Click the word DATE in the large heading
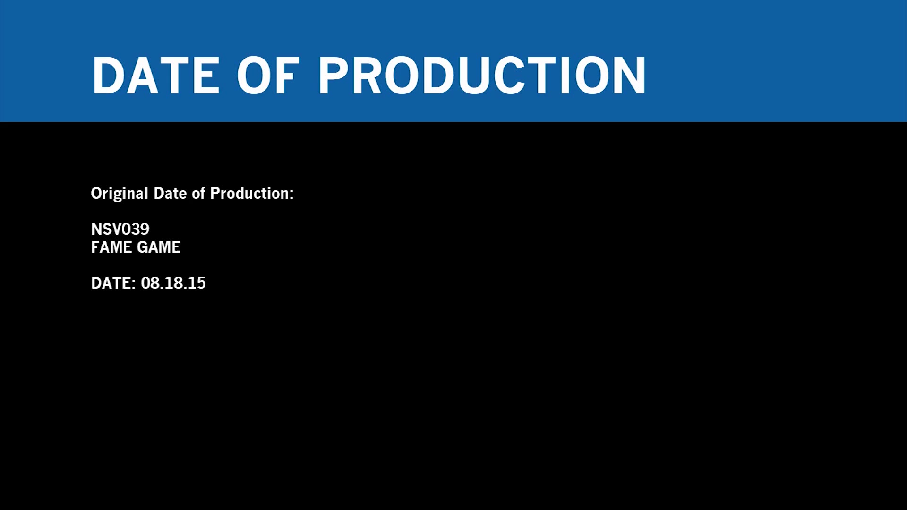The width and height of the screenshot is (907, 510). coord(156,76)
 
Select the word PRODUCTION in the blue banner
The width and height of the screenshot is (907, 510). coord(482,76)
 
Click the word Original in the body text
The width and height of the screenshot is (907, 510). coord(120,194)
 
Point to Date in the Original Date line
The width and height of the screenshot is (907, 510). coord(170,193)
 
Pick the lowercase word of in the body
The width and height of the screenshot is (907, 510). coord(198,193)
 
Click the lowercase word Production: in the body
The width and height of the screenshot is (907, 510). coord(252,193)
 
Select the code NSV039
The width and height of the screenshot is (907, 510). coord(120,229)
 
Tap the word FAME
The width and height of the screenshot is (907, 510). coord(111,247)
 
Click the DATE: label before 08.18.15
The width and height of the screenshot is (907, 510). coord(113,283)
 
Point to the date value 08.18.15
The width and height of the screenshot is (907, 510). coord(173,283)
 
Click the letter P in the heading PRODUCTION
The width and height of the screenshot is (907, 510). coord(334,76)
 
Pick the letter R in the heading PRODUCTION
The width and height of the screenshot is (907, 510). coord(368,76)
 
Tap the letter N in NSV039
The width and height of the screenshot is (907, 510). coord(96,229)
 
